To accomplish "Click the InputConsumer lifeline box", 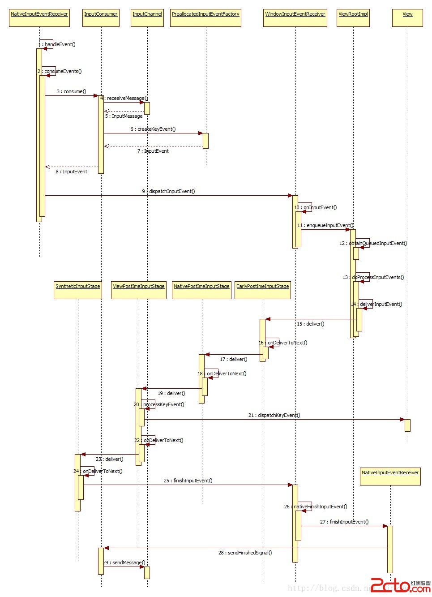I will [x=101, y=17].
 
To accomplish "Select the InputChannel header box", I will [x=147, y=17].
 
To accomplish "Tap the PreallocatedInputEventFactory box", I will [x=205, y=17].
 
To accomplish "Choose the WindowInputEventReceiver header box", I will [x=295, y=17].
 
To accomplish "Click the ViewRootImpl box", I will [x=353, y=17].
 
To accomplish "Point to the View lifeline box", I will [x=407, y=17].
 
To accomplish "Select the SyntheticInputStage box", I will [x=78, y=290].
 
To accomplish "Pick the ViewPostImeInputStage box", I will [x=139, y=290].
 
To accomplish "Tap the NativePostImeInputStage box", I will [x=201, y=290].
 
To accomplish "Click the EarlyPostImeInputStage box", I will [x=263, y=290].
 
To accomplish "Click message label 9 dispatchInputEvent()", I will [x=168, y=191].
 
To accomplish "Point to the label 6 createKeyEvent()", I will [x=153, y=129].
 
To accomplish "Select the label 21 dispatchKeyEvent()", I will [x=274, y=415].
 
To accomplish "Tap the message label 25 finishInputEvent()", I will [x=188, y=481].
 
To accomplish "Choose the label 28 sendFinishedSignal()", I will [x=245, y=553].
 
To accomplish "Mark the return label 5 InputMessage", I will [x=124, y=116].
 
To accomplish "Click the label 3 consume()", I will [x=71, y=91].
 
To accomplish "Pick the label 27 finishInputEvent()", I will [x=344, y=522].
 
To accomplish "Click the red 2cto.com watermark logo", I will [x=401, y=585].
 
